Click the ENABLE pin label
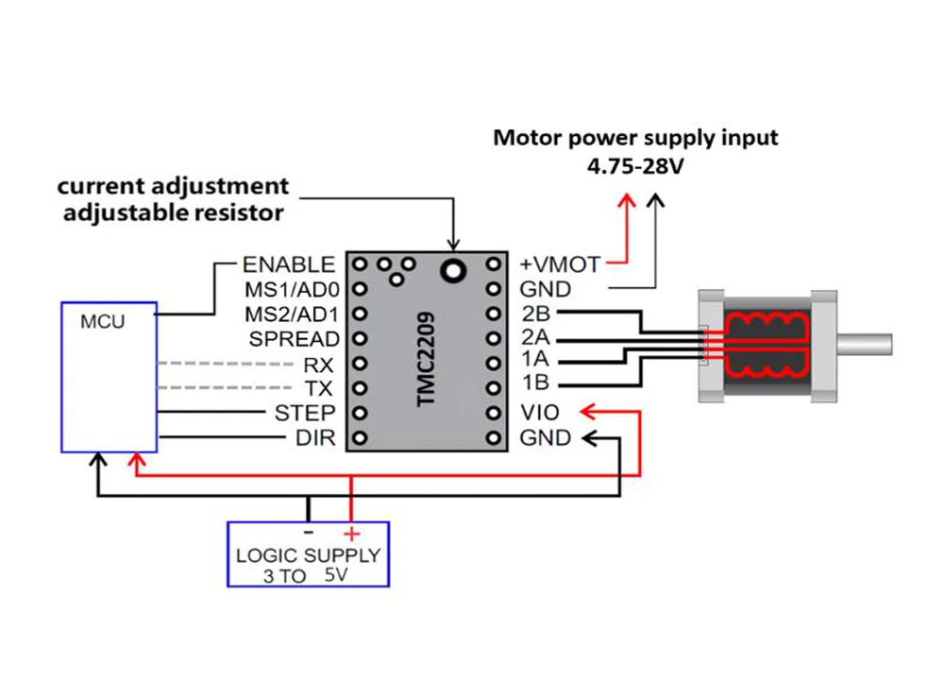coord(288,264)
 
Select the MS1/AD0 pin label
coord(292,289)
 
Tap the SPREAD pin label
coord(294,338)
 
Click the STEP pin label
coord(304,413)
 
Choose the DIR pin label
coord(315,437)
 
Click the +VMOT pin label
coord(560,264)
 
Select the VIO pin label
coord(539,413)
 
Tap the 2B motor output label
coord(536,314)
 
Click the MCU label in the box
coord(102,322)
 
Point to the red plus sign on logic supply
coord(352,533)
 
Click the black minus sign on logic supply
coord(309,531)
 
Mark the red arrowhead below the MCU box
coord(139,460)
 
